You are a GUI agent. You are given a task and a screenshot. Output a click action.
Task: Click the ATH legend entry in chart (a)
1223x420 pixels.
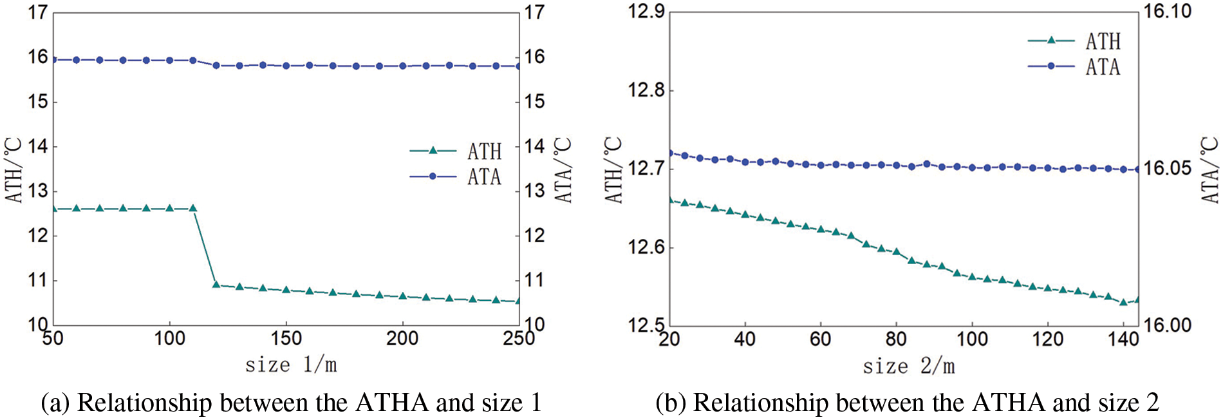[484, 151]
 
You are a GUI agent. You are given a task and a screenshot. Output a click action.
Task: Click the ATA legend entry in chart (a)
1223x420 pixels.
[484, 177]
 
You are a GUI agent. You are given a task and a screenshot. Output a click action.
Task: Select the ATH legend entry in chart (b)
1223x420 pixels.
[1103, 41]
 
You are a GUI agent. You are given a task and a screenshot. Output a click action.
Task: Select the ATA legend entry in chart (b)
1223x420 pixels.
[1103, 67]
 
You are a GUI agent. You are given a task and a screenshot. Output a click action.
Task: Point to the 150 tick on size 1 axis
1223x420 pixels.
[286, 339]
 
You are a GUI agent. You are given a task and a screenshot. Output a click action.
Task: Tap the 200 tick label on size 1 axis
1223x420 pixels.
[402, 339]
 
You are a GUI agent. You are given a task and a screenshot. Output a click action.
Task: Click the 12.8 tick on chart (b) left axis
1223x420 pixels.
[646, 90]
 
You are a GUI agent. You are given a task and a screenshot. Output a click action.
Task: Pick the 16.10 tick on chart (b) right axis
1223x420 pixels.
[1166, 12]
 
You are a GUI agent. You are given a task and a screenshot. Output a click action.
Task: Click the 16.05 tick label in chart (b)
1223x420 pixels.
[1166, 169]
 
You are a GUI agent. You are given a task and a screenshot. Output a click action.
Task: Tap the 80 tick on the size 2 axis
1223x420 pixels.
[896, 339]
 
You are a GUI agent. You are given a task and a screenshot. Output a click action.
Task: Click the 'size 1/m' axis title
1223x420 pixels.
[291, 365]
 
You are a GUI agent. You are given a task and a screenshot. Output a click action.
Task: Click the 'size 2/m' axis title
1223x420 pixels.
[909, 367]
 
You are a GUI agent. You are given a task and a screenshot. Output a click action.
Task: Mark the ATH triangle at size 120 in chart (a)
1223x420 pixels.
[216, 284]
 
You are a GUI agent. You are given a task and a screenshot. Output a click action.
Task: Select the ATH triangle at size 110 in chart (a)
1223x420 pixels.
[192, 208]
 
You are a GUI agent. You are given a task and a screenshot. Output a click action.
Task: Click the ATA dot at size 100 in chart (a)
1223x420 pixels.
[169, 61]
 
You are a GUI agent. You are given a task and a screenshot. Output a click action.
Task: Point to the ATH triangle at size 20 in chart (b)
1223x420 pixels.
[670, 200]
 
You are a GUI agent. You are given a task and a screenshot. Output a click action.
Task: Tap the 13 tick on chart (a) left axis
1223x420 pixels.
[38, 191]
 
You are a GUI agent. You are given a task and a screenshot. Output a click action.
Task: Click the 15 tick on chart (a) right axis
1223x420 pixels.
[534, 102]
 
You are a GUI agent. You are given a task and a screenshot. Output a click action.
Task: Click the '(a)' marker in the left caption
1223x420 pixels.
[55, 403]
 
